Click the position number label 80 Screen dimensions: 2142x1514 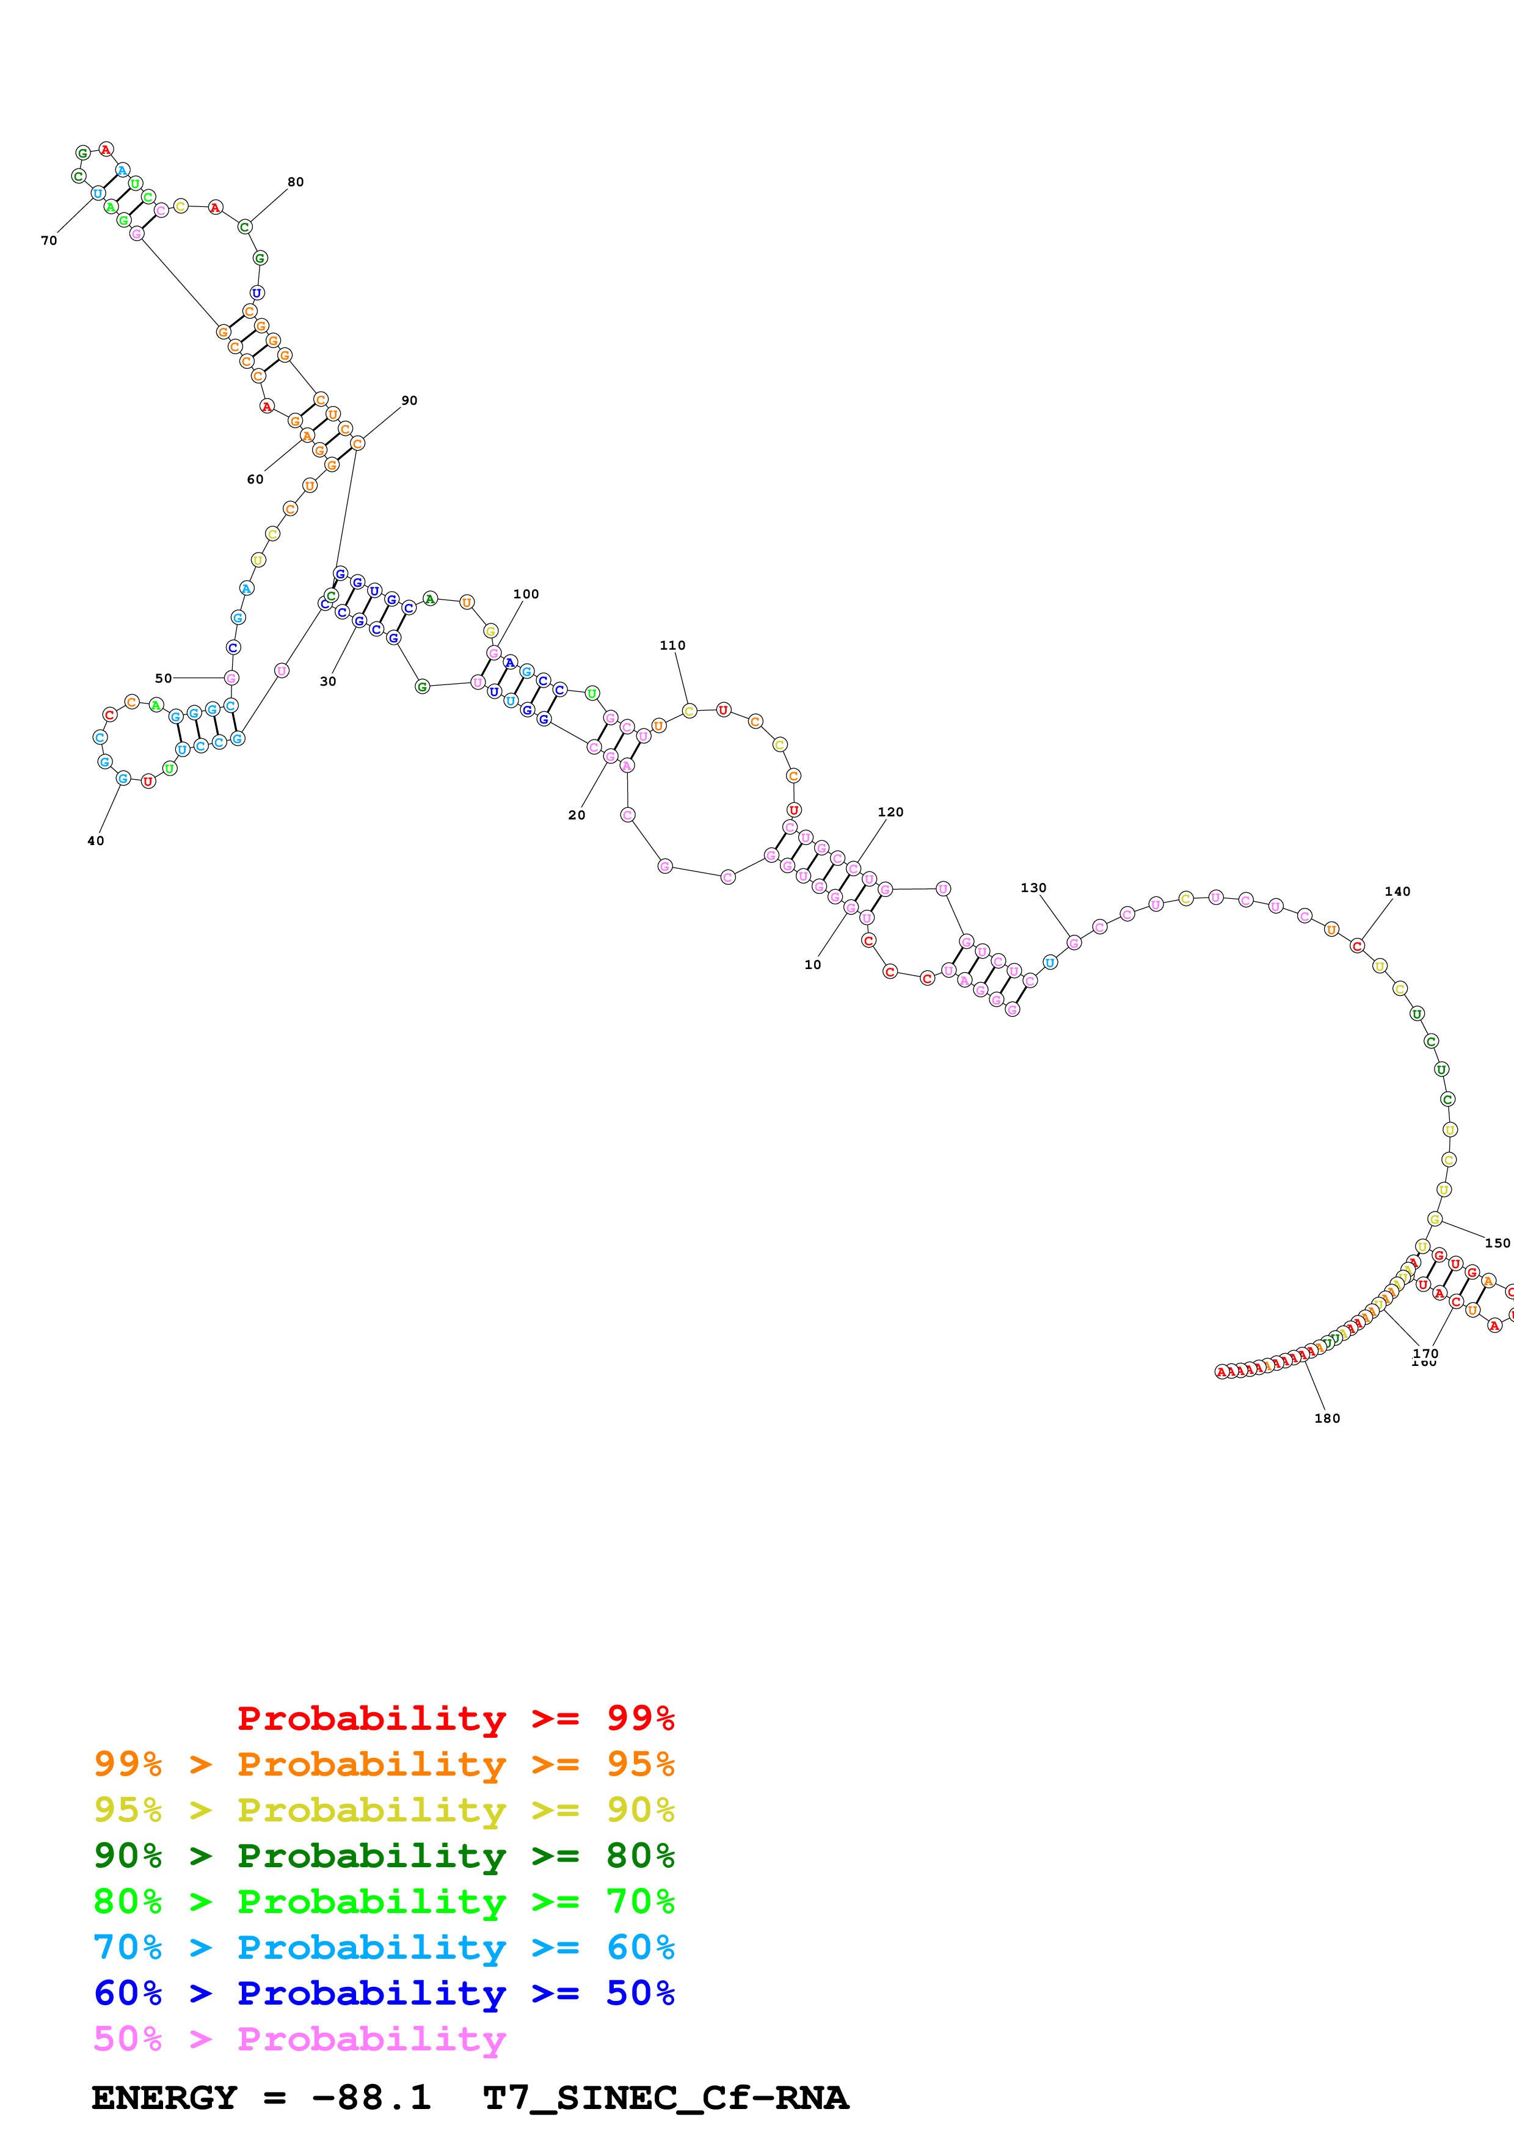[296, 182]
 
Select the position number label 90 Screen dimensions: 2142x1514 [410, 400]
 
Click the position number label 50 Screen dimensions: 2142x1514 [163, 678]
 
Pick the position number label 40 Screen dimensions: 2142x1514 [96, 841]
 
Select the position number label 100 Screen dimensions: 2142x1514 [526, 594]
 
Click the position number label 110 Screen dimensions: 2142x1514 [672, 645]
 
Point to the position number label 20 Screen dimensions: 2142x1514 [577, 815]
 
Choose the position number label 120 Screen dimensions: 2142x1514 [891, 811]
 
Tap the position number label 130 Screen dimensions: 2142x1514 [1033, 887]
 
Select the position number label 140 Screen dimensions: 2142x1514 [1397, 891]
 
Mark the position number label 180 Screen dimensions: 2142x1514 [1328, 1418]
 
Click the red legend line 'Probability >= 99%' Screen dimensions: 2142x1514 [455, 1718]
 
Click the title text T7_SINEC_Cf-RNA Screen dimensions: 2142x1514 [665, 2097]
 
